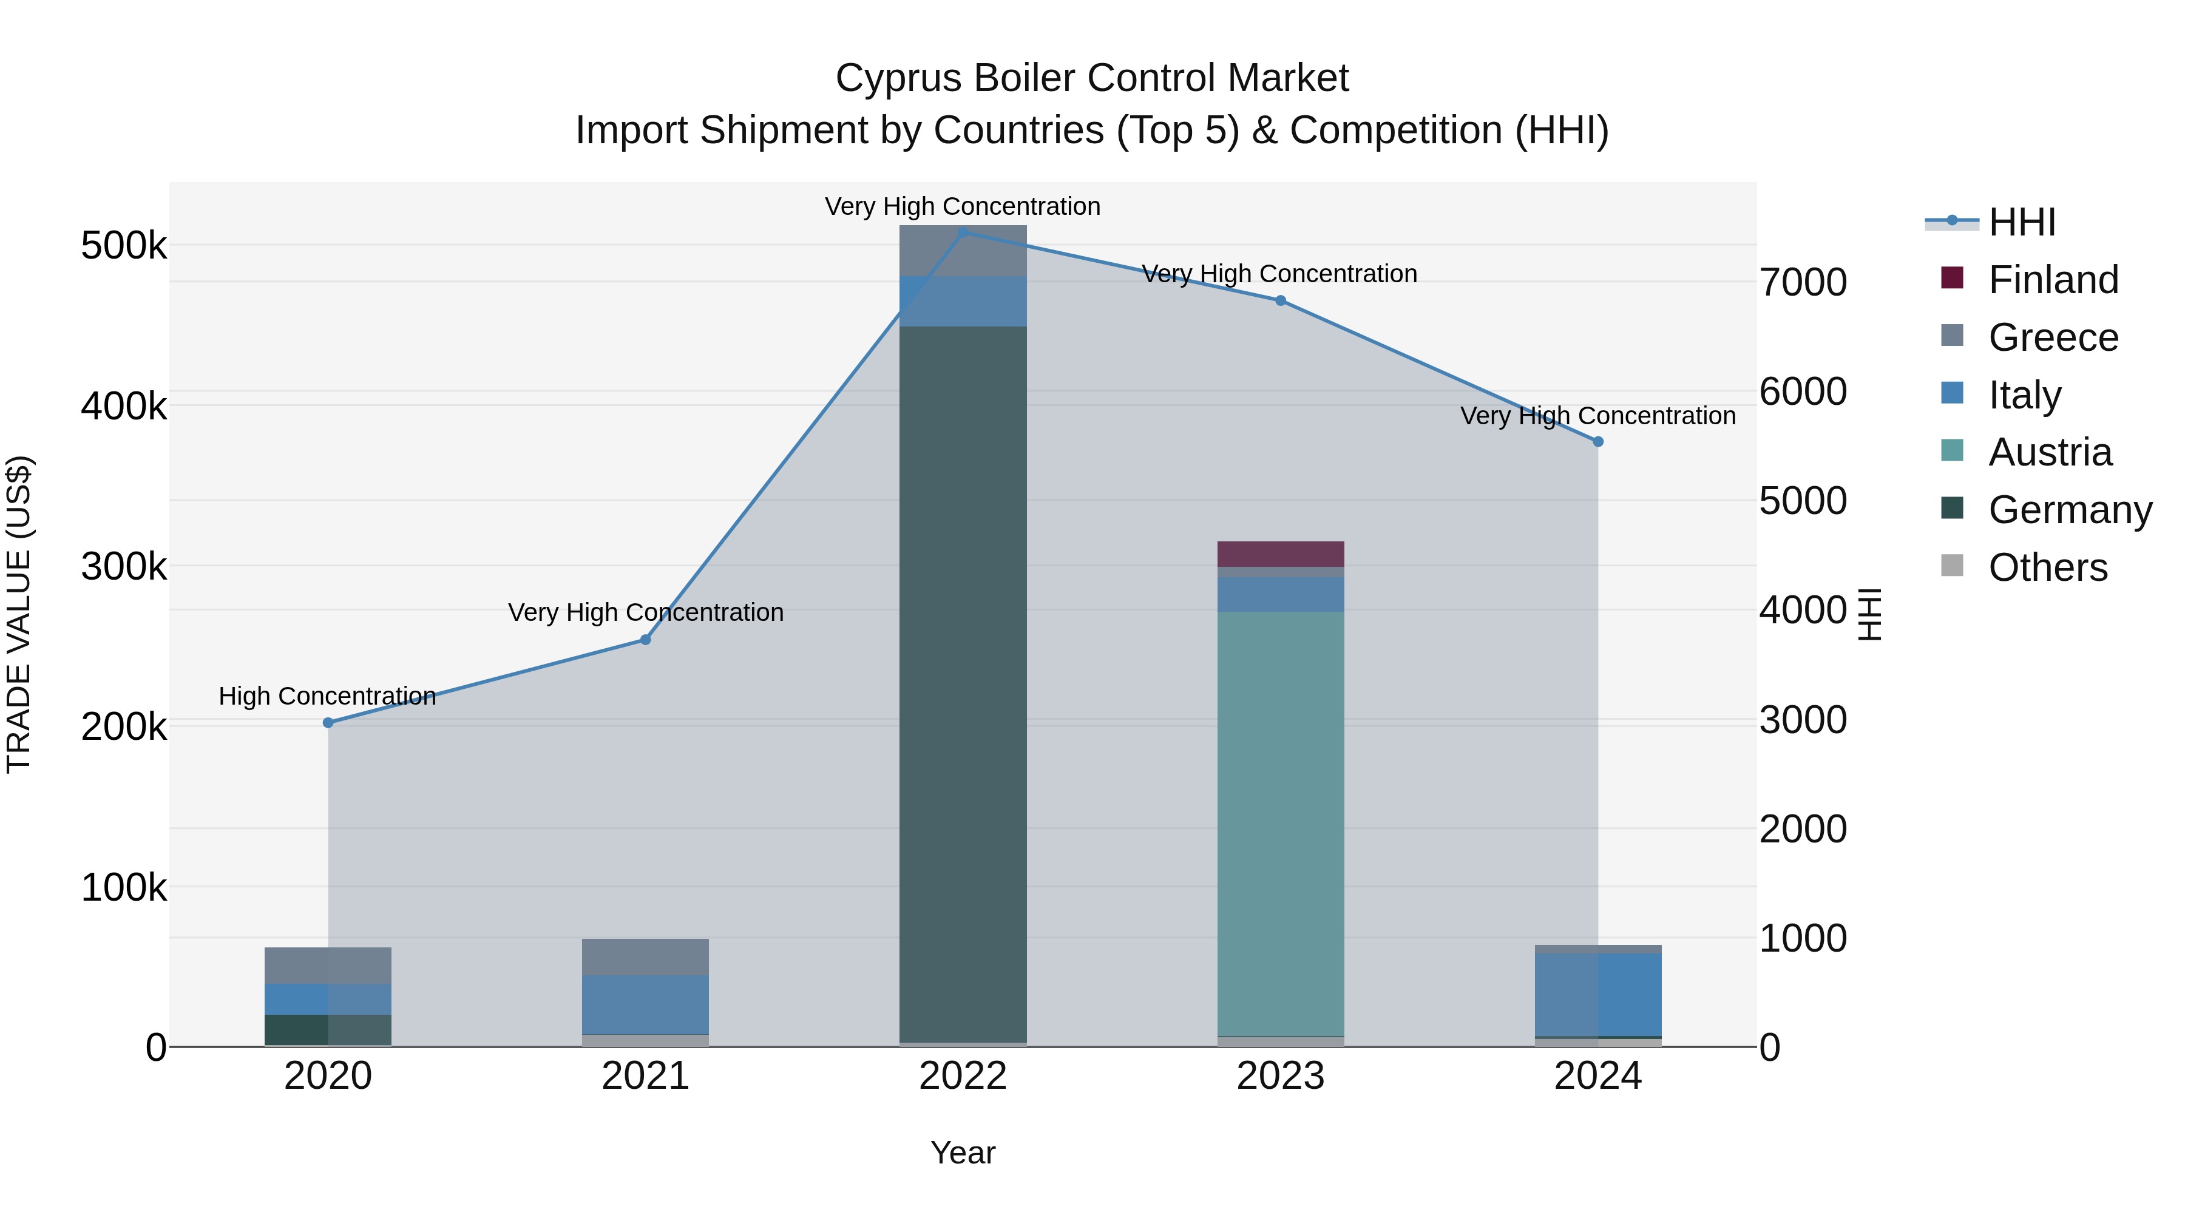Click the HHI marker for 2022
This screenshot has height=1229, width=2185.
click(x=963, y=232)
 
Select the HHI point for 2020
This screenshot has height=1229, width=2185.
click(x=328, y=723)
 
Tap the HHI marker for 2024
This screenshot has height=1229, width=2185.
click(x=1598, y=442)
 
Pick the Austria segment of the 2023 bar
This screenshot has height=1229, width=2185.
click(x=1281, y=823)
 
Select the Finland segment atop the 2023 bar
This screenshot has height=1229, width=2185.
click(x=1281, y=554)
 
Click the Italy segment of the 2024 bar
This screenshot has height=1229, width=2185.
click(x=1598, y=994)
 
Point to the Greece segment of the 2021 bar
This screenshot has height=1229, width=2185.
click(x=646, y=956)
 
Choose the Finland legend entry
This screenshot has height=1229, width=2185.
click(x=2053, y=280)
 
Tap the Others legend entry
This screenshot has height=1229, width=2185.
click(x=2048, y=567)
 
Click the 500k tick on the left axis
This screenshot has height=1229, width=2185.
click(x=124, y=246)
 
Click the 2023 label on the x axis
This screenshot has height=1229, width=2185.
click(x=1281, y=1076)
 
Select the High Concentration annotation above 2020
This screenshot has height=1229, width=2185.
click(x=327, y=696)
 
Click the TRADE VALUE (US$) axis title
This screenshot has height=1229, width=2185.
click(x=19, y=614)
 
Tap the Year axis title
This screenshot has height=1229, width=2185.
click(x=963, y=1153)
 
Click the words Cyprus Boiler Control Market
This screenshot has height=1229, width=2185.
click(x=1092, y=78)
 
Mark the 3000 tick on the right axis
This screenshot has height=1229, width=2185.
click(x=1803, y=720)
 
